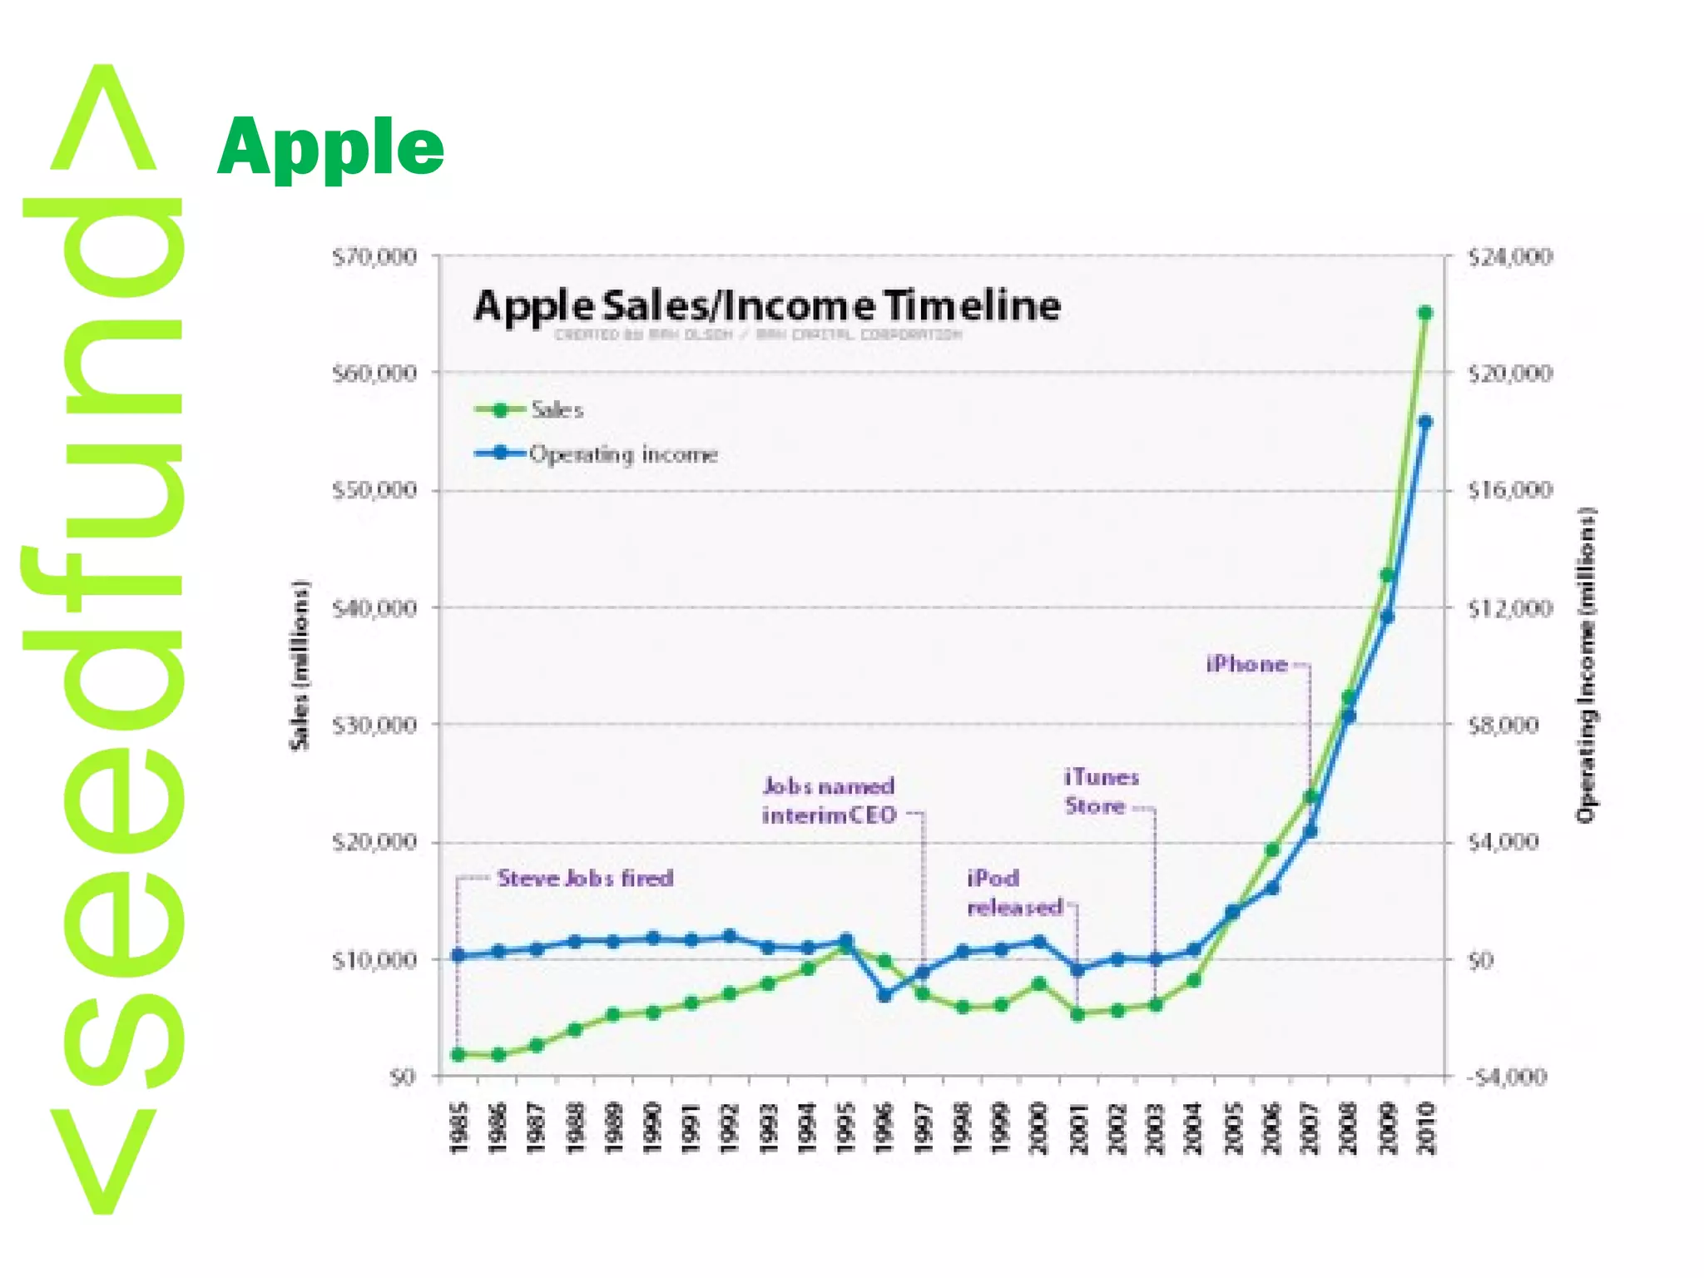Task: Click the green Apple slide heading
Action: pos(330,147)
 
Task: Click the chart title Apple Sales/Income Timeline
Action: pos(766,305)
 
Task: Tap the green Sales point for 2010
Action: pos(1424,313)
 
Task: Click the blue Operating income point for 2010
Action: pos(1424,422)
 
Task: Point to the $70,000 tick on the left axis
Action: pos(374,257)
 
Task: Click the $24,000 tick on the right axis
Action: pos(1509,257)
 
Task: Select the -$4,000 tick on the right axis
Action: pos(1506,1077)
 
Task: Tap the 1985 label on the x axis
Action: pos(459,1128)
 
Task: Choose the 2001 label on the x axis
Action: pos(1078,1128)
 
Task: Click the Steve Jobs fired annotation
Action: pos(585,878)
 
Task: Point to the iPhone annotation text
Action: pos(1246,664)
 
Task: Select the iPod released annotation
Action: pos(1014,893)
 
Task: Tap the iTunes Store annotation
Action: pos(1101,791)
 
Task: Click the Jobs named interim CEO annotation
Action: pos(830,800)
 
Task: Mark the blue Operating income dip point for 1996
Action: pos(884,994)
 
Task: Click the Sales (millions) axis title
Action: pos(300,665)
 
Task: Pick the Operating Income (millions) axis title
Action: pos(1587,665)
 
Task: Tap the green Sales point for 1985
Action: pos(458,1055)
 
